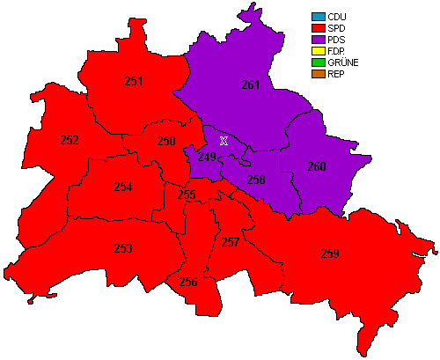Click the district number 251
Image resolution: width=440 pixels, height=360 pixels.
tap(134, 82)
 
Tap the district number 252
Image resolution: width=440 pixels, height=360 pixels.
tap(70, 140)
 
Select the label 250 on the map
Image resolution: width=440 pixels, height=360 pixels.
tap(166, 141)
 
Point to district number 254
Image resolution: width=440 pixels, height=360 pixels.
tap(123, 187)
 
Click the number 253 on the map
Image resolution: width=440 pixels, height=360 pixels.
tap(123, 249)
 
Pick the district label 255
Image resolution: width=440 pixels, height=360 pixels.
tap(187, 195)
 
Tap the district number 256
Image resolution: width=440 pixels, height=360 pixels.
tap(187, 283)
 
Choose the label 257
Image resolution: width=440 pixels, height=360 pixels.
tap(231, 242)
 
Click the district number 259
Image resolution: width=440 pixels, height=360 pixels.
tap(330, 254)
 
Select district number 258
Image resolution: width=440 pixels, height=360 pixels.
tap(256, 180)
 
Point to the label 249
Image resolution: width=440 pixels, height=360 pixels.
tap(207, 158)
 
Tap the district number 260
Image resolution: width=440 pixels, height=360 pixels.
tap(317, 166)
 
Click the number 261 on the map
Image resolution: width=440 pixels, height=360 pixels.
tap(251, 85)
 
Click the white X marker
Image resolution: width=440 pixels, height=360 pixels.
tap(224, 141)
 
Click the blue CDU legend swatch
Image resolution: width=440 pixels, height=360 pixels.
tap(317, 17)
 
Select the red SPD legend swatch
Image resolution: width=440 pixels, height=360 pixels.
tap(317, 28)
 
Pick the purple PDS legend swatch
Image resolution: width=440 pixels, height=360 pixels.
tap(317, 40)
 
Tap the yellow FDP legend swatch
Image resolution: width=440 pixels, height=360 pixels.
tap(317, 51)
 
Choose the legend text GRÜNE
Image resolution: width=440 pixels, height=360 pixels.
tap(342, 62)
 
